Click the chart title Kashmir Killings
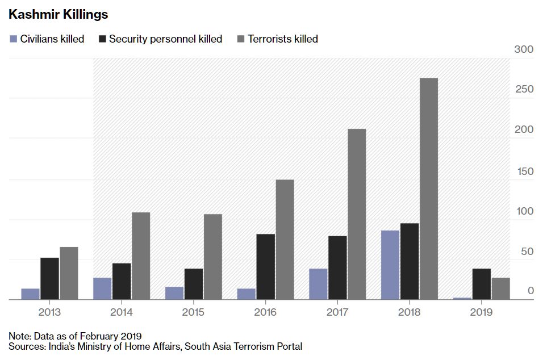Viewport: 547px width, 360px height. coord(59,14)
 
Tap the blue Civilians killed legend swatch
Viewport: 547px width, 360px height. coord(14,39)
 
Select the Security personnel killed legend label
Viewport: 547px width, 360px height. coord(165,39)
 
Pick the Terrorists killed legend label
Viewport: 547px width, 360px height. coord(282,39)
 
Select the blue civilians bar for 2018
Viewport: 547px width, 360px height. coord(390,265)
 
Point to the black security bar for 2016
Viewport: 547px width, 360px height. coord(265,266)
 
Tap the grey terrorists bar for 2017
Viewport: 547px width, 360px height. coord(357,214)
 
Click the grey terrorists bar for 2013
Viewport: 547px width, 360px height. coord(69,273)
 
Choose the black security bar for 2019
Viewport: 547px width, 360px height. coord(482,284)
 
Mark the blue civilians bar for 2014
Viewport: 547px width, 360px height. coord(102,288)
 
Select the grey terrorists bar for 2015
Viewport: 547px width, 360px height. coord(213,257)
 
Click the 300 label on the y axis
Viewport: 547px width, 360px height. coord(524,49)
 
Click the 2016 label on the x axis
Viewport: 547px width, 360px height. coord(265,312)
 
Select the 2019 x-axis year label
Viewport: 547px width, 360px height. coord(481,312)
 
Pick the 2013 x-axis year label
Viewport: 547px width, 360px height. coord(50,312)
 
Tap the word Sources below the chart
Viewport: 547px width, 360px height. coord(27,346)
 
